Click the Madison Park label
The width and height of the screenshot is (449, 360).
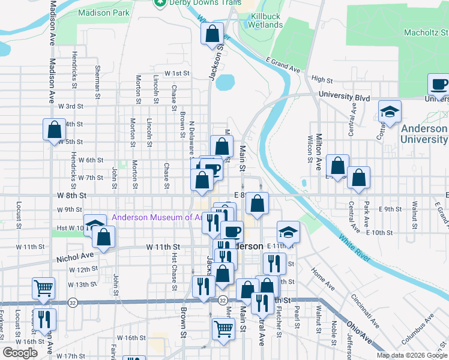click(103, 12)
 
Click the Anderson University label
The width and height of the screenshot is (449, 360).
click(424, 134)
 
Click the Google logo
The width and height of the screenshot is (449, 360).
click(20, 353)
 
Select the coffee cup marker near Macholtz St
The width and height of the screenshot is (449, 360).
click(439, 85)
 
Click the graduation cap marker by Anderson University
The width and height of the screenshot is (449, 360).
click(390, 112)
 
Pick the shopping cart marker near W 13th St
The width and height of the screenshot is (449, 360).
click(43, 289)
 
